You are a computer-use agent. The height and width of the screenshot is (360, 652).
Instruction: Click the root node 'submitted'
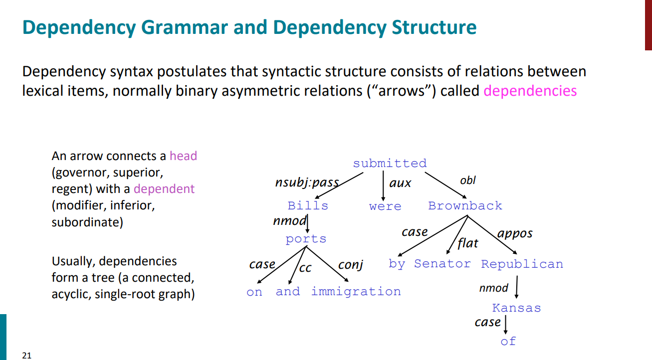coord(390,164)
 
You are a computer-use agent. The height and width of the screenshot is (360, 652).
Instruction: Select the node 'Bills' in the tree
coord(308,206)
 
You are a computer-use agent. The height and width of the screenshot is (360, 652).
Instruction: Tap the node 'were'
coord(385,206)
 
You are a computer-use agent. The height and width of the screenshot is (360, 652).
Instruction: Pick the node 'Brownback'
coord(465,206)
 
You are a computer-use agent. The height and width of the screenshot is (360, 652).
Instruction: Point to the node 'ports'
coord(306,239)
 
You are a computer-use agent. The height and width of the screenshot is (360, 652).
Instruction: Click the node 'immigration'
coord(356,292)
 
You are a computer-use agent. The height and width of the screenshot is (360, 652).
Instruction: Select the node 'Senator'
coord(442,264)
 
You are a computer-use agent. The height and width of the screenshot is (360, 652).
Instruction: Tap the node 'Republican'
coord(522,264)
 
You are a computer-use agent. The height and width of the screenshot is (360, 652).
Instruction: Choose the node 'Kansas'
coord(516,308)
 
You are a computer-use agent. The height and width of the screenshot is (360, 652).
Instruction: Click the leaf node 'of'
coord(508,342)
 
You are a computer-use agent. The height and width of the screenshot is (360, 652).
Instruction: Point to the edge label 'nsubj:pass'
coord(307,183)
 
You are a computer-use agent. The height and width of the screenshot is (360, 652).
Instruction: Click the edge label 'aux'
coord(400,183)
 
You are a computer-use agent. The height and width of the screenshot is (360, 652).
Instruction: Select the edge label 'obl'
coord(468,180)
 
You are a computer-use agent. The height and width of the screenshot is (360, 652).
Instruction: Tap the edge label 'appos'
coord(515,233)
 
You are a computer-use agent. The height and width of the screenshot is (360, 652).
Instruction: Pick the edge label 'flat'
coord(467,243)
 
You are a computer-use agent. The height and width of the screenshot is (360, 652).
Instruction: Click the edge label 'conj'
coord(350,265)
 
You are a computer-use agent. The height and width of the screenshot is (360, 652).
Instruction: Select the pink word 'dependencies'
coord(530,91)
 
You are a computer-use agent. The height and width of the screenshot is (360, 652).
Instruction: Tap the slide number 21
coord(26,356)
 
